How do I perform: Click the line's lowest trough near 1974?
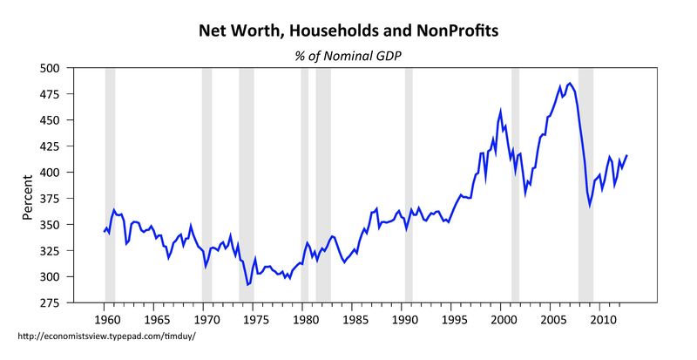click(x=247, y=284)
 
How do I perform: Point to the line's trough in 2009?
click(x=590, y=206)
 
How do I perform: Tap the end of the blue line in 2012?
click(x=626, y=155)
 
